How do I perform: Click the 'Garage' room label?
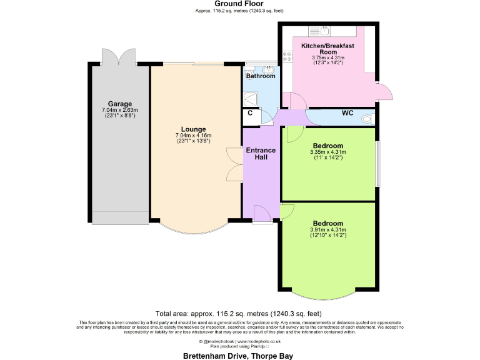(120, 104)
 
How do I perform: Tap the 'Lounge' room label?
(194, 129)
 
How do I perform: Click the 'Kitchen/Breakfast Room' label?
(328, 49)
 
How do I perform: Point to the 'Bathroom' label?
(261, 76)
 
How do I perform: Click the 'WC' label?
(348, 113)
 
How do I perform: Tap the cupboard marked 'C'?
(250, 113)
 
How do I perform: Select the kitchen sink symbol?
(319, 29)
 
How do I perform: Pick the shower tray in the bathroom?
(251, 99)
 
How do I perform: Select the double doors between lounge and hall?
(236, 164)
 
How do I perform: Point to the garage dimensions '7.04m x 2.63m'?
(120, 111)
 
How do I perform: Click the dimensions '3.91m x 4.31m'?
(328, 230)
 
